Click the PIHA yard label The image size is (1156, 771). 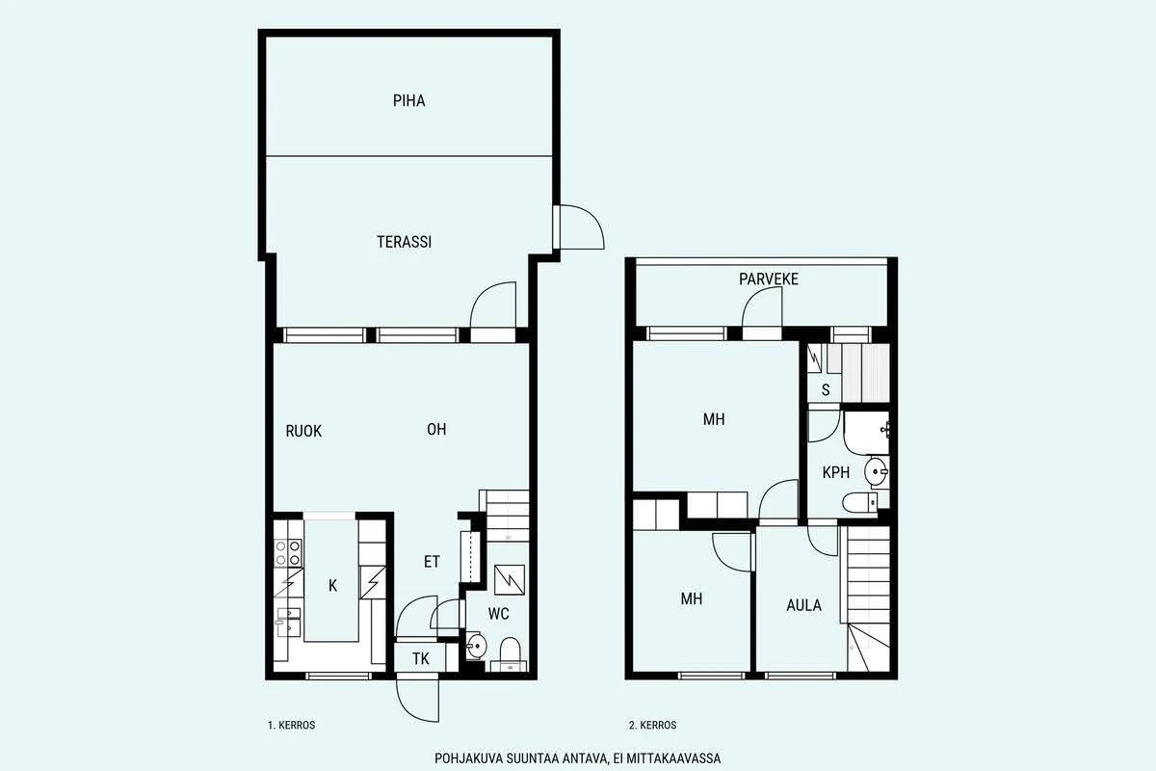click(x=408, y=100)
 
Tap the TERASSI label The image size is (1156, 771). click(x=404, y=242)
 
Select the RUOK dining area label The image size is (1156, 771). click(x=303, y=431)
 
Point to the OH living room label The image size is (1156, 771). click(x=436, y=429)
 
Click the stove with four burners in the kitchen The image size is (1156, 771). click(x=288, y=552)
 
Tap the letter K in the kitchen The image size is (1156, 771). click(x=333, y=586)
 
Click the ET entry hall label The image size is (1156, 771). click(x=432, y=562)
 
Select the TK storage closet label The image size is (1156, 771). click(x=421, y=659)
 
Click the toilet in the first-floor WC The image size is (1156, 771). click(x=510, y=652)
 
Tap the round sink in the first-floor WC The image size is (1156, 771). click(x=476, y=646)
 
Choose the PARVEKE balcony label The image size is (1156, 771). click(x=769, y=279)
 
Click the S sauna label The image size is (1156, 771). click(x=826, y=390)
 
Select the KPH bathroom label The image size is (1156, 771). click(x=836, y=472)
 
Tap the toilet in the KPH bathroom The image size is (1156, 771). click(x=859, y=502)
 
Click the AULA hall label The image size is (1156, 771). click(x=803, y=605)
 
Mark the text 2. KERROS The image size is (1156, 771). click(x=652, y=725)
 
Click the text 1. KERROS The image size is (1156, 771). click(x=291, y=725)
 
